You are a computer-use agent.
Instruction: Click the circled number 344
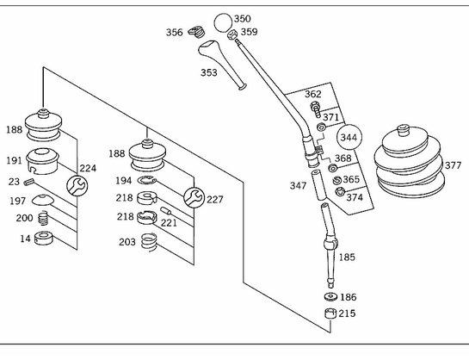(x=349, y=137)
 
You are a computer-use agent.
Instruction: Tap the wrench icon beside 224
(x=77, y=186)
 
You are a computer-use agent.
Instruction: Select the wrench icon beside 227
(x=194, y=197)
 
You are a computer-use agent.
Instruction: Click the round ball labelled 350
(x=223, y=22)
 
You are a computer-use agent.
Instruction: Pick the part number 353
(x=209, y=72)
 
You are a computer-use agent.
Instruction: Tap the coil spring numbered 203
(x=149, y=242)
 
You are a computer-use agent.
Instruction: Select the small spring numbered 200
(x=44, y=218)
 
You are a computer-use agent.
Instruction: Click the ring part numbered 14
(x=44, y=239)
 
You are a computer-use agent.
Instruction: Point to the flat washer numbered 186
(x=330, y=297)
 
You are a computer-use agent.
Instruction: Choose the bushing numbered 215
(x=330, y=313)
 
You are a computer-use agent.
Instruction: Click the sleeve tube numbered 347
(x=318, y=185)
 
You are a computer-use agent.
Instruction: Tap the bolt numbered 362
(x=315, y=110)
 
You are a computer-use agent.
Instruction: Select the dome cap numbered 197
(x=42, y=200)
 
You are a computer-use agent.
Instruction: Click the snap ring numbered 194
(x=147, y=181)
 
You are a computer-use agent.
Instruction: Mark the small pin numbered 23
(x=29, y=182)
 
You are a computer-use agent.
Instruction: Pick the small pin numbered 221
(x=166, y=211)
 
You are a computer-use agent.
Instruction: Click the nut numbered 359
(x=231, y=35)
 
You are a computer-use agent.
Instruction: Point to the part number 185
(x=347, y=257)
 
